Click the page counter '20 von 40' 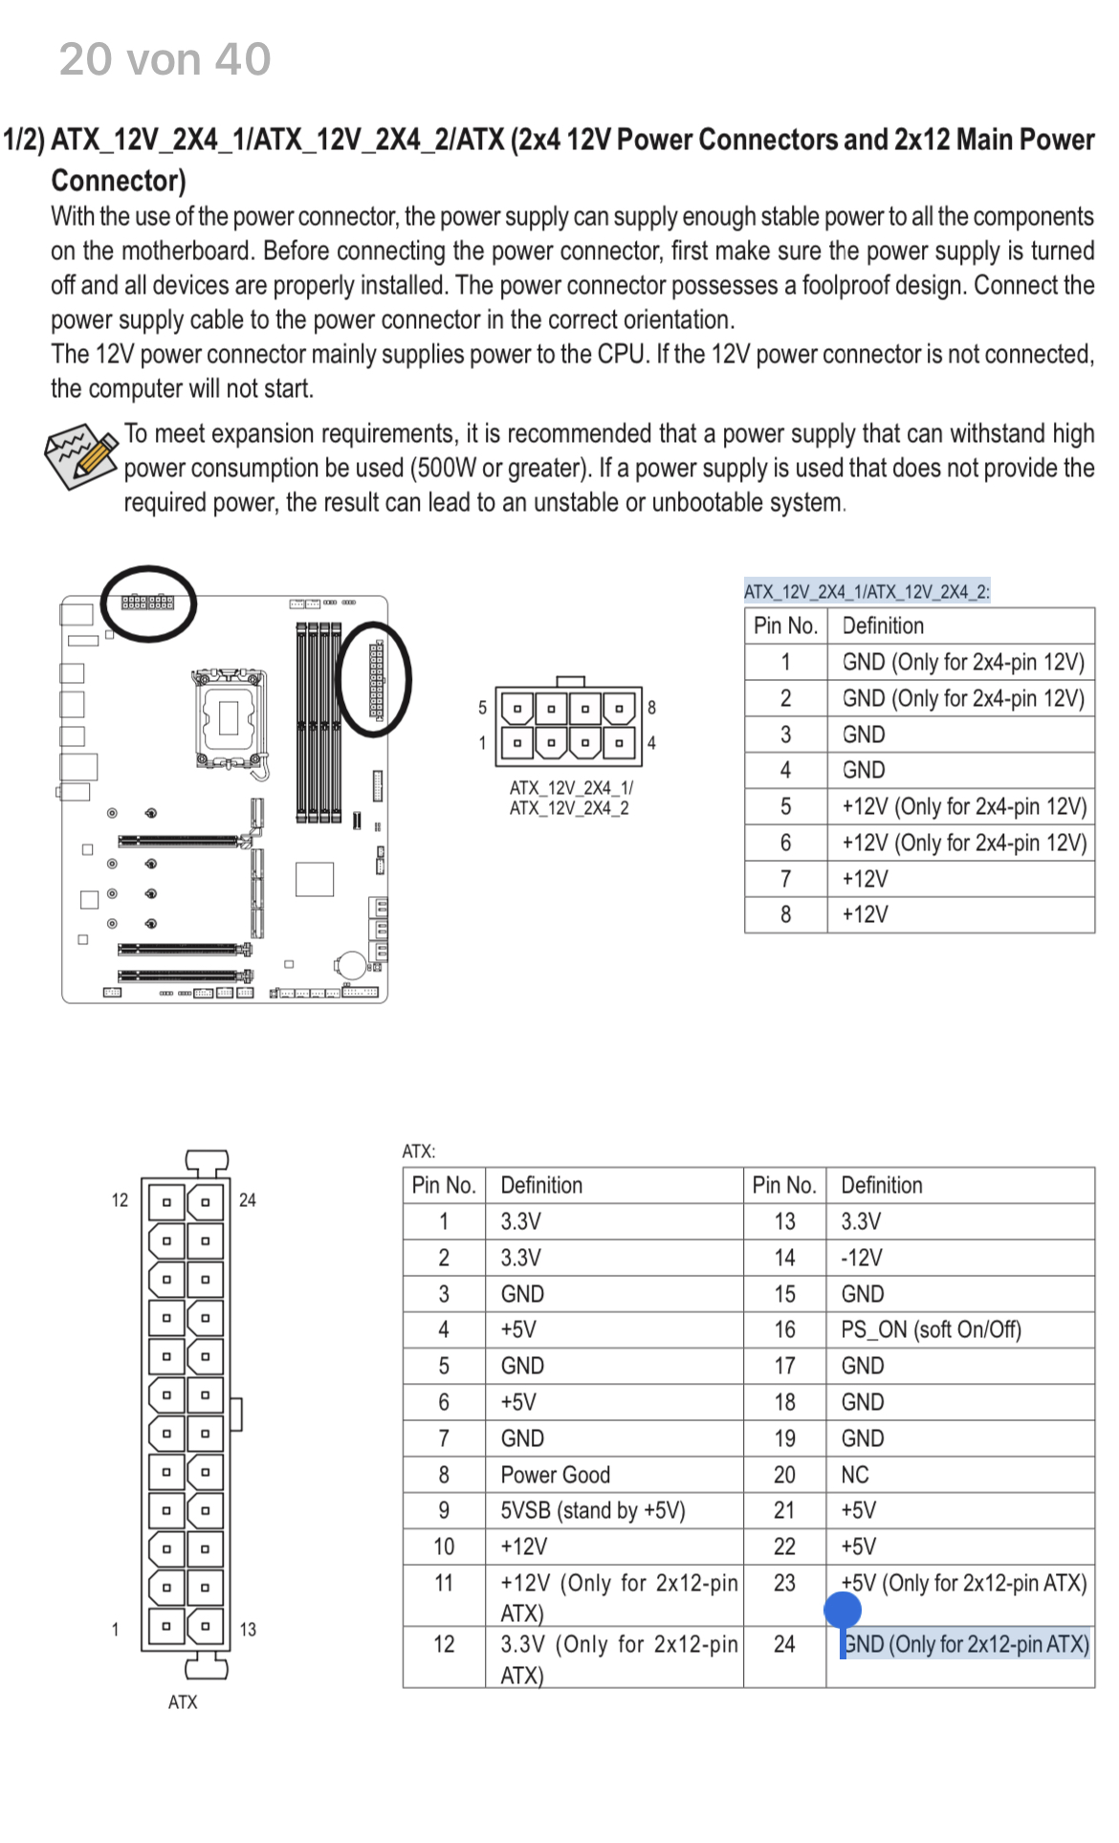pyautogui.click(x=165, y=59)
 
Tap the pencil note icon pyautogui.click(x=82, y=456)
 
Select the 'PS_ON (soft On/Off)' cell pyautogui.click(x=931, y=1329)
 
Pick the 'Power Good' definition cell pyautogui.click(x=555, y=1475)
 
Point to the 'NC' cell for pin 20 pyautogui.click(x=855, y=1475)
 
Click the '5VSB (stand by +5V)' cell pyautogui.click(x=593, y=1510)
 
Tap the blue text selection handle pyautogui.click(x=843, y=1612)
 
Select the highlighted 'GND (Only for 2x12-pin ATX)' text pyautogui.click(x=966, y=1644)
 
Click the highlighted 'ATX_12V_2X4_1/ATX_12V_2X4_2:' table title pyautogui.click(x=867, y=591)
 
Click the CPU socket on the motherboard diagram pyautogui.click(x=229, y=716)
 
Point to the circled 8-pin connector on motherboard pyautogui.click(x=147, y=603)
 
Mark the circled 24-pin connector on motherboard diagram pyautogui.click(x=376, y=679)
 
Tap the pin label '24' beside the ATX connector pyautogui.click(x=248, y=1200)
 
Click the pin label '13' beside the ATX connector pyautogui.click(x=248, y=1630)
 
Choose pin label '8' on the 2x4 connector pyautogui.click(x=652, y=708)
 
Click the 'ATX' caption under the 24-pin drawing pyautogui.click(x=183, y=1702)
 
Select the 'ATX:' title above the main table pyautogui.click(x=419, y=1152)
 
